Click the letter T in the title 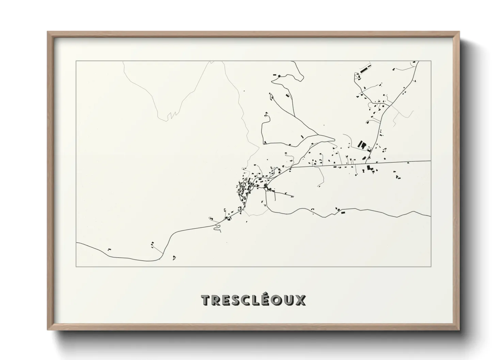(206, 300)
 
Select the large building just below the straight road (369, 168)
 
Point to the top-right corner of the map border (431, 61)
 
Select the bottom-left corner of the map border (76, 267)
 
